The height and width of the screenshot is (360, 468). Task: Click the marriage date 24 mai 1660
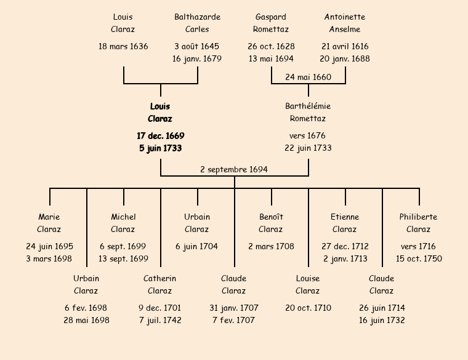tap(308, 77)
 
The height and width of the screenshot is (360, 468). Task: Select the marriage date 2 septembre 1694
tap(234, 169)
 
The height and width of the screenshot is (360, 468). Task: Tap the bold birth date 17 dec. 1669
tap(160, 135)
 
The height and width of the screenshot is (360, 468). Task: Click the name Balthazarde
tap(197, 17)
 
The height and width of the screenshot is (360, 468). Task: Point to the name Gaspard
tap(271, 17)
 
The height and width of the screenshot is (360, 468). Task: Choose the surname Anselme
tap(345, 29)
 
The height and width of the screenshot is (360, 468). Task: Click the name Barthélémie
tap(308, 106)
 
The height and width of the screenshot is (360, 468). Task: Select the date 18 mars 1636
tap(123, 46)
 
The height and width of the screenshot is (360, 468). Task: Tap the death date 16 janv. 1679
tap(197, 58)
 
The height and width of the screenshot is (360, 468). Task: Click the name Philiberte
tap(419, 217)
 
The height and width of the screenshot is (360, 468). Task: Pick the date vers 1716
tap(419, 246)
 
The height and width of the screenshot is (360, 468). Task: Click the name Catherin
tap(160, 278)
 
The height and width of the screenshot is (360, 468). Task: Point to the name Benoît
tap(271, 217)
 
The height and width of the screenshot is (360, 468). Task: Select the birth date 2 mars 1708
tap(271, 246)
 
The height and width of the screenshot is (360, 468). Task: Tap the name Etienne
tap(345, 217)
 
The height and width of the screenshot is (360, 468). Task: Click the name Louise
tap(308, 278)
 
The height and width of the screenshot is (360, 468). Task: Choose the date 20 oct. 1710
tap(308, 308)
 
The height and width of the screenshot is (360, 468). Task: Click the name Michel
tap(123, 217)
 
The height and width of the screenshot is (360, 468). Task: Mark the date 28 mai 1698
tap(86, 320)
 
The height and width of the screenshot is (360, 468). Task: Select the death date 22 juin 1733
tap(308, 148)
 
